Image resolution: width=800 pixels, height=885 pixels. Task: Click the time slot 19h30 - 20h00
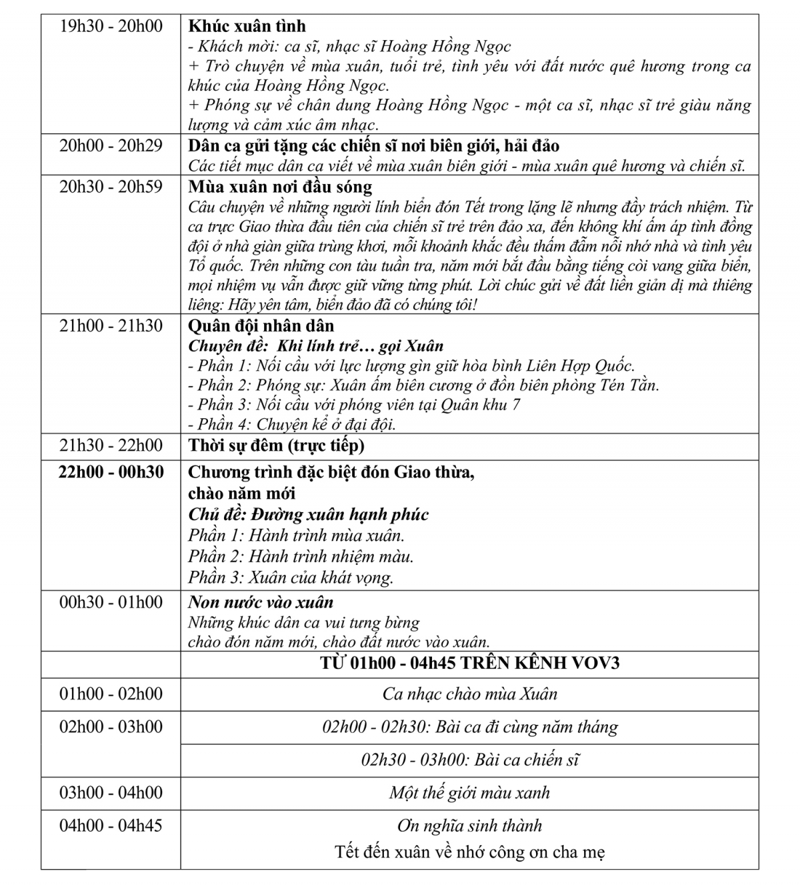click(x=111, y=27)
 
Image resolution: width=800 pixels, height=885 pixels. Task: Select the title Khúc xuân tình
click(x=247, y=27)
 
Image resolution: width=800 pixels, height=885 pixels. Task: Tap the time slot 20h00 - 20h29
click(x=111, y=145)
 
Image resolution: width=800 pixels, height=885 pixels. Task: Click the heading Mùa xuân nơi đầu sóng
click(x=280, y=187)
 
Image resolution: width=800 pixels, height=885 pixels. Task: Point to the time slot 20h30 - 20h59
click(x=111, y=187)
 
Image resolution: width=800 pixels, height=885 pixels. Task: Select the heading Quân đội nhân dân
click(x=261, y=326)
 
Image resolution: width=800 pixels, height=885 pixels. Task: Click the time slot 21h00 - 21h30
click(x=111, y=326)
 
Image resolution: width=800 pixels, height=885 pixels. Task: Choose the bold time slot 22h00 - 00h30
click(x=111, y=472)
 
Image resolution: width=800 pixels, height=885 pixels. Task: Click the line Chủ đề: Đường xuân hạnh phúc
click(x=308, y=515)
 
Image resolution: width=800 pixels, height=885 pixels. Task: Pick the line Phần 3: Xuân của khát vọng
click(x=291, y=577)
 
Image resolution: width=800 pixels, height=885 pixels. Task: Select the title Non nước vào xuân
click(x=261, y=602)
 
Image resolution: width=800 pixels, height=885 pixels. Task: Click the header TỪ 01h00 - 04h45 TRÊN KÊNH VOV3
click(x=469, y=664)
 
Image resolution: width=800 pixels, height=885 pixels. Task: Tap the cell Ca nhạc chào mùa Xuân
click(x=469, y=694)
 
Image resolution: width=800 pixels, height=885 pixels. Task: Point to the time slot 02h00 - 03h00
click(x=111, y=727)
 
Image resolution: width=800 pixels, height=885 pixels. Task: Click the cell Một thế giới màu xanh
click(x=469, y=793)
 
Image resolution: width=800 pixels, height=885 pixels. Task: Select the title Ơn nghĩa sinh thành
click(x=469, y=826)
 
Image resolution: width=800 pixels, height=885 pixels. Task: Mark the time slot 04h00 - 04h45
click(x=111, y=826)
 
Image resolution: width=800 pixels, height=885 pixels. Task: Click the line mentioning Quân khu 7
click(x=354, y=405)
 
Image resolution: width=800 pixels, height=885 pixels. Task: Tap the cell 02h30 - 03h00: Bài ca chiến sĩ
click(x=469, y=760)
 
